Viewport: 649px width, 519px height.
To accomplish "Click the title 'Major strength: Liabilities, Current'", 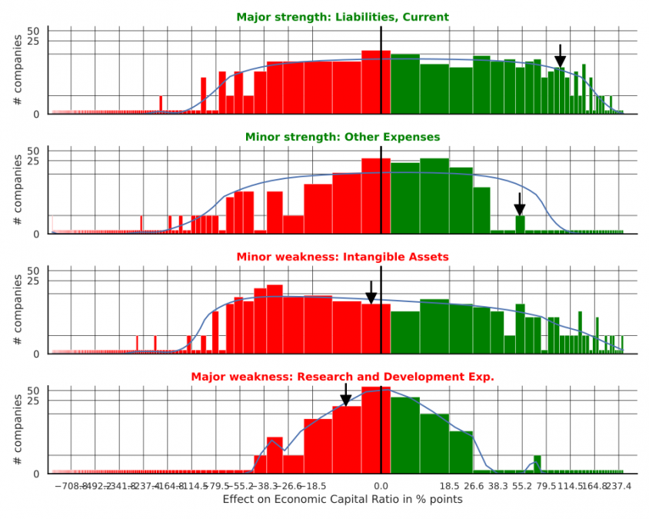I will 342,17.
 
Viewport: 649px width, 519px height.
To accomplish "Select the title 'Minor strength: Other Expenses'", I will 342,137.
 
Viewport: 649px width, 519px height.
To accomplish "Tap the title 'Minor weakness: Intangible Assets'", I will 342,257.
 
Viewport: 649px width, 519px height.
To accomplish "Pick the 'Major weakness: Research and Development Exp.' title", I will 342,377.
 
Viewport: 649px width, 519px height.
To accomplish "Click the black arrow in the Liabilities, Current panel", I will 560,58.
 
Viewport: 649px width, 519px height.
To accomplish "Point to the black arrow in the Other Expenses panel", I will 520,205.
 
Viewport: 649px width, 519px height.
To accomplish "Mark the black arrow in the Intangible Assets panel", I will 371,294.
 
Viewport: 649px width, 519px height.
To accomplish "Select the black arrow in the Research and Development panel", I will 345,396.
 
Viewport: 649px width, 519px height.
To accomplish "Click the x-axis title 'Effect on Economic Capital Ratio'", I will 342,500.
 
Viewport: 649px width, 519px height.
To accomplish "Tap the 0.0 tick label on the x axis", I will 381,486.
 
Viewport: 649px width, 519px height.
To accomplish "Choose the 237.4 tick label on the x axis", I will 617,486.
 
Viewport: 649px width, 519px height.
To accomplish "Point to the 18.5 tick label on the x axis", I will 450,486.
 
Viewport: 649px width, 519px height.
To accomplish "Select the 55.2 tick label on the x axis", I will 522,486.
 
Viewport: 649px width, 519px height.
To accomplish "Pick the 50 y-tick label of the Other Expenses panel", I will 32,151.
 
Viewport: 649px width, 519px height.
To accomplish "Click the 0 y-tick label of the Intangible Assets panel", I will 35,354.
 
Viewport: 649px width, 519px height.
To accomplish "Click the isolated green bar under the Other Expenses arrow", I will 521,224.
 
